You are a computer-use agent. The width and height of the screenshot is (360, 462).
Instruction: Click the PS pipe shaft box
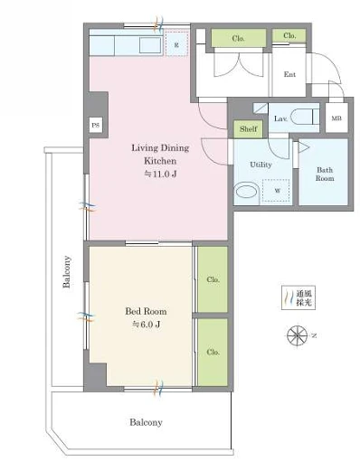click(96, 125)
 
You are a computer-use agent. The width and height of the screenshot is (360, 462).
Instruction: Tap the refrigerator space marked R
click(176, 43)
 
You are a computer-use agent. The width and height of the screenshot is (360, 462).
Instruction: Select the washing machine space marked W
click(277, 191)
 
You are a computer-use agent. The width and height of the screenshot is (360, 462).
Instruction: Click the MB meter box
click(336, 118)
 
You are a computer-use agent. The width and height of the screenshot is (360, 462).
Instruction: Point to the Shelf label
click(249, 129)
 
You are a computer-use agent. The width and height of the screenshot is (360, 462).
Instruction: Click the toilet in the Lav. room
click(305, 117)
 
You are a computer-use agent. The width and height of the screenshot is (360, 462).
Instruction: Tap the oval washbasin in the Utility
click(247, 192)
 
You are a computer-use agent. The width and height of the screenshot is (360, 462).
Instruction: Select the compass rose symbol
click(297, 335)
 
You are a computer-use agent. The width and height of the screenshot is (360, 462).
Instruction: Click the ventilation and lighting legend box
click(298, 297)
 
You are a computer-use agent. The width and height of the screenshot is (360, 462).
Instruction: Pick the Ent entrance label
click(289, 74)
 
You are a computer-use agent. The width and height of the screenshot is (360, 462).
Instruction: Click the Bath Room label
click(325, 174)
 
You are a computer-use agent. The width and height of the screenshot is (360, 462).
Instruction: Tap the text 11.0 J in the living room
click(160, 174)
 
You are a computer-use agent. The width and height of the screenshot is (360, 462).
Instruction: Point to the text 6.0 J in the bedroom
click(147, 325)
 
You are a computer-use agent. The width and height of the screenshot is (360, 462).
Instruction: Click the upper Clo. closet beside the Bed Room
click(213, 279)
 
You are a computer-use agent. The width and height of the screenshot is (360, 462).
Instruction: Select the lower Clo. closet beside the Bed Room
click(213, 352)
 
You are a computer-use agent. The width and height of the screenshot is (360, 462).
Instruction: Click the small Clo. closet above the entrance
click(289, 35)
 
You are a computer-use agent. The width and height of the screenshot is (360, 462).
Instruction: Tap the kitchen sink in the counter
click(150, 45)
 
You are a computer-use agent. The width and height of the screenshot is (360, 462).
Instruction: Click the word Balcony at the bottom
click(146, 422)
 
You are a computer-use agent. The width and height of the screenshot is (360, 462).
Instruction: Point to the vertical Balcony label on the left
click(67, 271)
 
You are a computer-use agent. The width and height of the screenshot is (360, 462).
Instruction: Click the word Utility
click(261, 165)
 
